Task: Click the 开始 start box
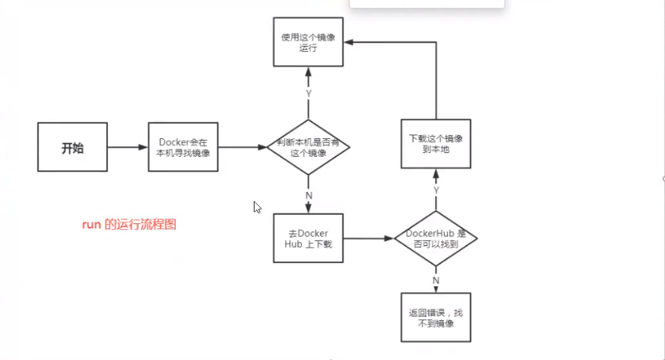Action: point(72,148)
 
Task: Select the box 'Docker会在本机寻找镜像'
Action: point(183,148)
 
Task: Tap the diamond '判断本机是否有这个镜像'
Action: point(308,148)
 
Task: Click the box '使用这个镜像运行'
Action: point(308,41)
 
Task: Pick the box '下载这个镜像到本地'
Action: point(436,144)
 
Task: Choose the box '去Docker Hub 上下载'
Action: point(308,238)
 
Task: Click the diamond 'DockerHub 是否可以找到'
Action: point(436,238)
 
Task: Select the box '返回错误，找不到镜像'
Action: point(436,317)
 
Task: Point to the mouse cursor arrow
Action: point(257,206)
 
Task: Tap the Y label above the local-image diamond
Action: point(308,93)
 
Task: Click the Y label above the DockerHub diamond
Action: point(436,190)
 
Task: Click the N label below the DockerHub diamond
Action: point(436,280)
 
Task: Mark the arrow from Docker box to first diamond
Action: point(242,148)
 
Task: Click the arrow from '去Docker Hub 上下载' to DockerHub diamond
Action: point(368,238)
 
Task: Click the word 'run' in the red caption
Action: point(92,225)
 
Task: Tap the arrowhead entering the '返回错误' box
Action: point(436,288)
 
